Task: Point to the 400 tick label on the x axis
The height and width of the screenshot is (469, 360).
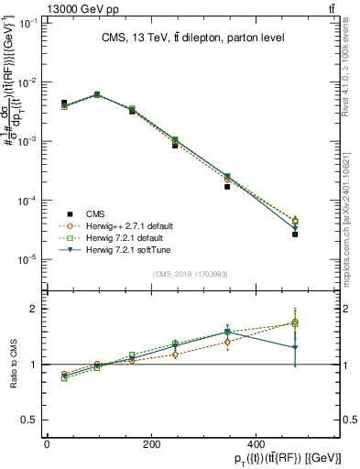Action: coord(257,444)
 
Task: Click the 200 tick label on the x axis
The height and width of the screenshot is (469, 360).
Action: coord(152,444)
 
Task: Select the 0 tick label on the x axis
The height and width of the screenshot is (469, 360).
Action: coord(47,444)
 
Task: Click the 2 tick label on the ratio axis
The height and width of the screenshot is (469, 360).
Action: coord(32,309)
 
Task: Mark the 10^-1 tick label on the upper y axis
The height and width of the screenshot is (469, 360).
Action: coord(27,23)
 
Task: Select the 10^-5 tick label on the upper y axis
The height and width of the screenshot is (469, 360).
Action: coord(27,259)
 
